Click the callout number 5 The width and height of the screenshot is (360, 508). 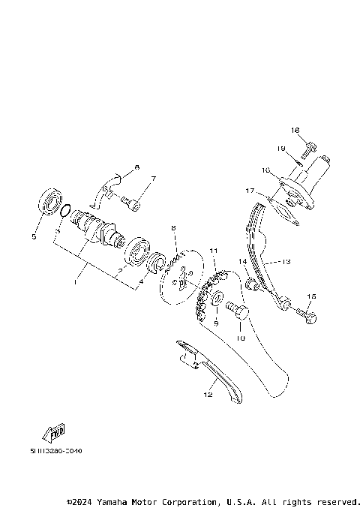[x=34, y=237]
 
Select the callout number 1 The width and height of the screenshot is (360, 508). [x=75, y=281]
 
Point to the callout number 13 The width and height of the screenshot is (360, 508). [x=285, y=262]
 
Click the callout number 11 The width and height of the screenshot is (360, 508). [x=213, y=251]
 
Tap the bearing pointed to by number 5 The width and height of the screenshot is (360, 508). [x=51, y=203]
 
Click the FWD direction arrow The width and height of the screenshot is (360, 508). [x=55, y=431]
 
